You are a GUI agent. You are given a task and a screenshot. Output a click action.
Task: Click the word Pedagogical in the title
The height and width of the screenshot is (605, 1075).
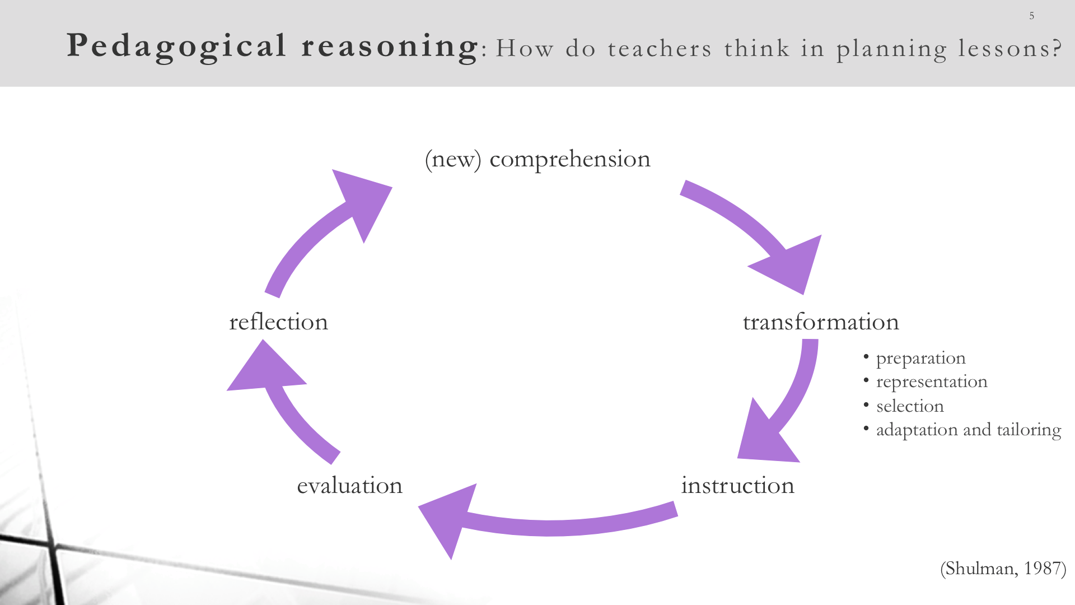(x=177, y=46)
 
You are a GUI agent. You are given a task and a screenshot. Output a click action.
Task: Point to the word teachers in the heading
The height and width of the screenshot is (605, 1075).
(x=660, y=49)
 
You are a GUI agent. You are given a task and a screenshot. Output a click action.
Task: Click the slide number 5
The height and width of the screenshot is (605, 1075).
(x=1031, y=16)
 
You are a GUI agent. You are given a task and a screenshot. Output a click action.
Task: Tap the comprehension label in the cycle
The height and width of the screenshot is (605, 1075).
(x=570, y=160)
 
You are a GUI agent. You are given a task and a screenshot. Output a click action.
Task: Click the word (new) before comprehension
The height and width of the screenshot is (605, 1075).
(x=453, y=160)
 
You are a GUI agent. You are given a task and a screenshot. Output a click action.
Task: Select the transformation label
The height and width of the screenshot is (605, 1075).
(x=821, y=322)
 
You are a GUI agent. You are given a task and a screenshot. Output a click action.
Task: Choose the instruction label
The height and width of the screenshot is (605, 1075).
(x=737, y=485)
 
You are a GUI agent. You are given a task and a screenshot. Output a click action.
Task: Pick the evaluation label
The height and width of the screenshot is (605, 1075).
(x=349, y=485)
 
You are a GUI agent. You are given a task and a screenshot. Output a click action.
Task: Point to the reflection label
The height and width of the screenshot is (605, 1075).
(x=278, y=322)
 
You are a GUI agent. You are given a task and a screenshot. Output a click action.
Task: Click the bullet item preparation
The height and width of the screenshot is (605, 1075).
(x=920, y=359)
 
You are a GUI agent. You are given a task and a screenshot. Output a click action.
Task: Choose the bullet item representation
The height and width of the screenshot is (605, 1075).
(x=932, y=382)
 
